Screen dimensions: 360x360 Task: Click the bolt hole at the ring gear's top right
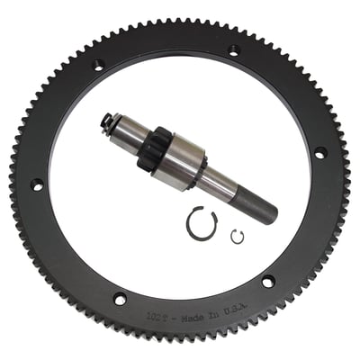[234, 51]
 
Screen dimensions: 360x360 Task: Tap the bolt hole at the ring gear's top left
[98, 64]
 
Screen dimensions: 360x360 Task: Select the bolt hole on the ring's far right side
[318, 154]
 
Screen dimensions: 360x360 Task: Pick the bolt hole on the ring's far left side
[37, 184]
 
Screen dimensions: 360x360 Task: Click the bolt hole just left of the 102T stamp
[119, 299]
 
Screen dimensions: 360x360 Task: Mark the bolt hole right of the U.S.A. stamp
[267, 283]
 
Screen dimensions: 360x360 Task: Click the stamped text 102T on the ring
[155, 317]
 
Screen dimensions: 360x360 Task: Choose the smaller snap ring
[238, 237]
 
